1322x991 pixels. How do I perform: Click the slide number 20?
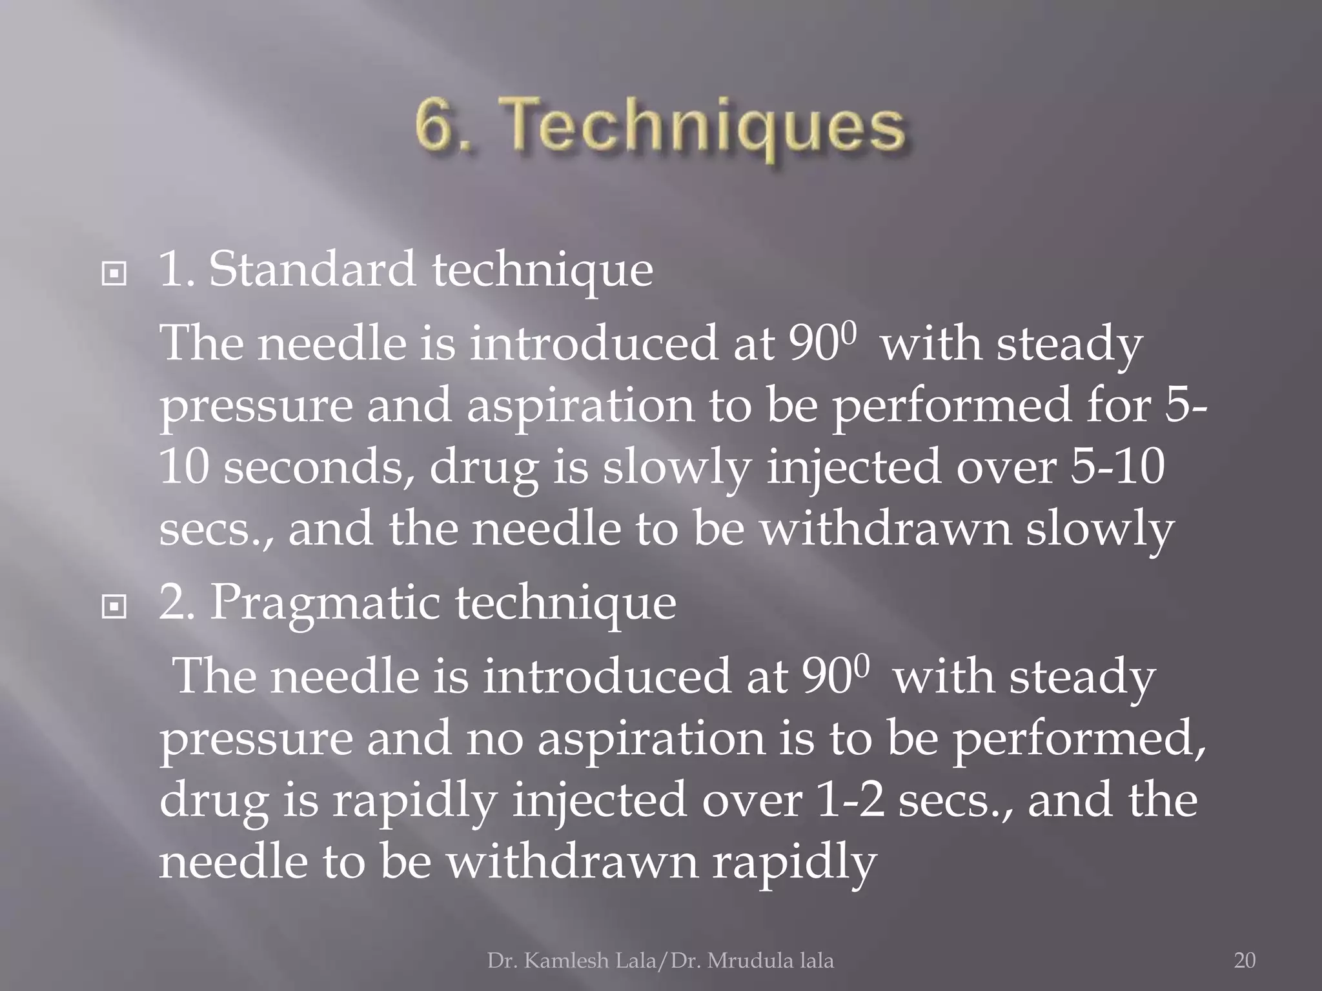[1245, 961]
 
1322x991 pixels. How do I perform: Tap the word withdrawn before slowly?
[884, 530]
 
